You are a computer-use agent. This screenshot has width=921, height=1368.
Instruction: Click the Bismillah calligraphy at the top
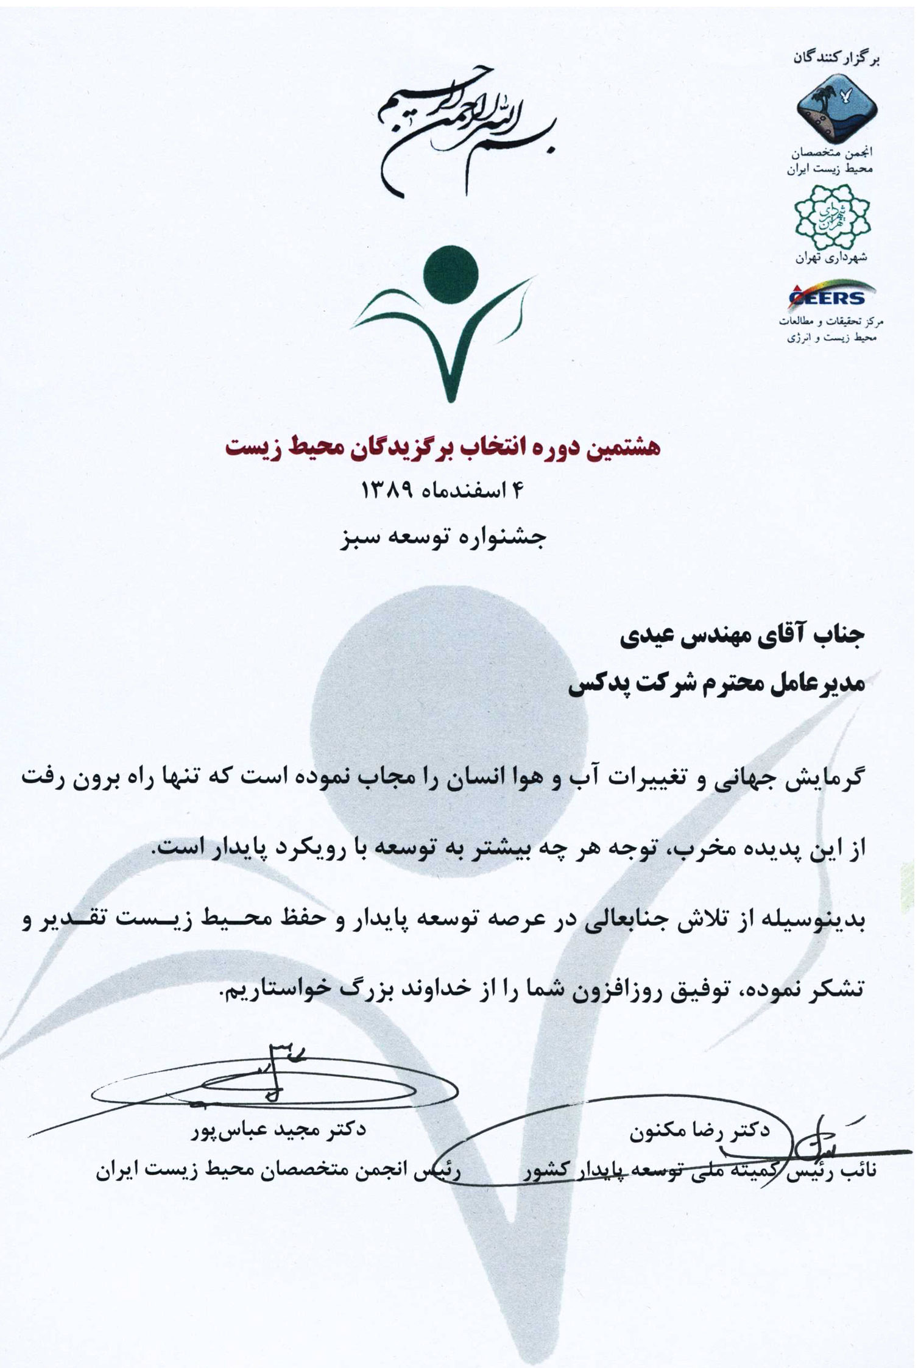click(466, 130)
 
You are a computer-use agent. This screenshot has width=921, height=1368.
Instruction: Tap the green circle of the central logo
click(450, 272)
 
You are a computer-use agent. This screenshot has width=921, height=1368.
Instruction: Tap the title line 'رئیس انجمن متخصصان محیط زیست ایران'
click(280, 1171)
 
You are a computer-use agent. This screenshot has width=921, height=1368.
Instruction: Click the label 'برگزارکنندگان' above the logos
click(837, 59)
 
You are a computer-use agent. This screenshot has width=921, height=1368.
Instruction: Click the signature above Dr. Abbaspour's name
click(274, 1079)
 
